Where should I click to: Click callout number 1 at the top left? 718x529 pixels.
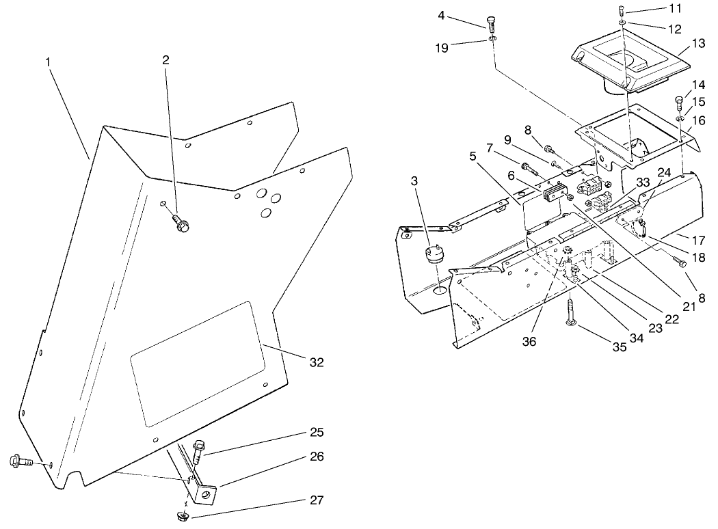[48, 62]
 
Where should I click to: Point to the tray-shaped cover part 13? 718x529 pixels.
[629, 65]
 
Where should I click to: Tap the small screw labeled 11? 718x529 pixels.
[621, 10]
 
